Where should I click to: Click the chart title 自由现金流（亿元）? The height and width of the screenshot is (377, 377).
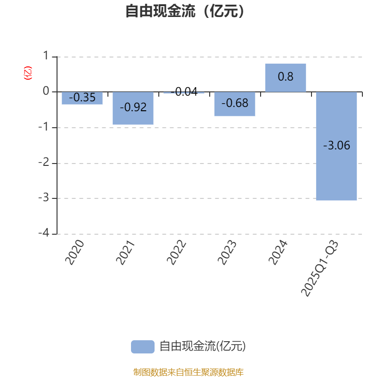[x=185, y=11]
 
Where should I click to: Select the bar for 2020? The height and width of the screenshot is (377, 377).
[x=82, y=98]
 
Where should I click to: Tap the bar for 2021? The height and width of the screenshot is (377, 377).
[x=133, y=108]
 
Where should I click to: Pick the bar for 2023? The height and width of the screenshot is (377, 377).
[x=235, y=104]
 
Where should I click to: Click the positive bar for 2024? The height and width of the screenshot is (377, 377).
[x=286, y=78]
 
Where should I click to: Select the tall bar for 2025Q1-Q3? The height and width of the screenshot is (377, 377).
[x=336, y=146]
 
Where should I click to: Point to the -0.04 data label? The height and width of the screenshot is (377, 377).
[x=184, y=91]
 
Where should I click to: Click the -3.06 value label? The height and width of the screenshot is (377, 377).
[x=336, y=146]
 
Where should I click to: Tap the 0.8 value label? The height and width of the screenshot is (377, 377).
[x=286, y=77]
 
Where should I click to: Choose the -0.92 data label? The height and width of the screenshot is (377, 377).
[x=133, y=107]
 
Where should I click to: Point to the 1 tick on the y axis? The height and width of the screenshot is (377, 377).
[x=46, y=56]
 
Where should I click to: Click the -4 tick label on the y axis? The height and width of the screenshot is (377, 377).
[x=44, y=233]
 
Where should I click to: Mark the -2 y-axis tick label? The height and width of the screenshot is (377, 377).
[x=44, y=162]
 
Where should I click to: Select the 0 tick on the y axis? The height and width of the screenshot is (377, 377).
[x=46, y=91]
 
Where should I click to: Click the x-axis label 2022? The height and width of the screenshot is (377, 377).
[x=176, y=252]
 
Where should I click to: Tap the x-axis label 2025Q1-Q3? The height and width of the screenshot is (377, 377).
[x=320, y=268]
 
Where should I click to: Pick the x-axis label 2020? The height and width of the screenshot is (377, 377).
[x=75, y=252]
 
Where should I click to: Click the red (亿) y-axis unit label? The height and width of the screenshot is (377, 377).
[x=28, y=73]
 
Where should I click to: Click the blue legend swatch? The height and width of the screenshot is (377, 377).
[x=143, y=347]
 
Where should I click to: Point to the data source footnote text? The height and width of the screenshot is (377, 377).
[x=188, y=372]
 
